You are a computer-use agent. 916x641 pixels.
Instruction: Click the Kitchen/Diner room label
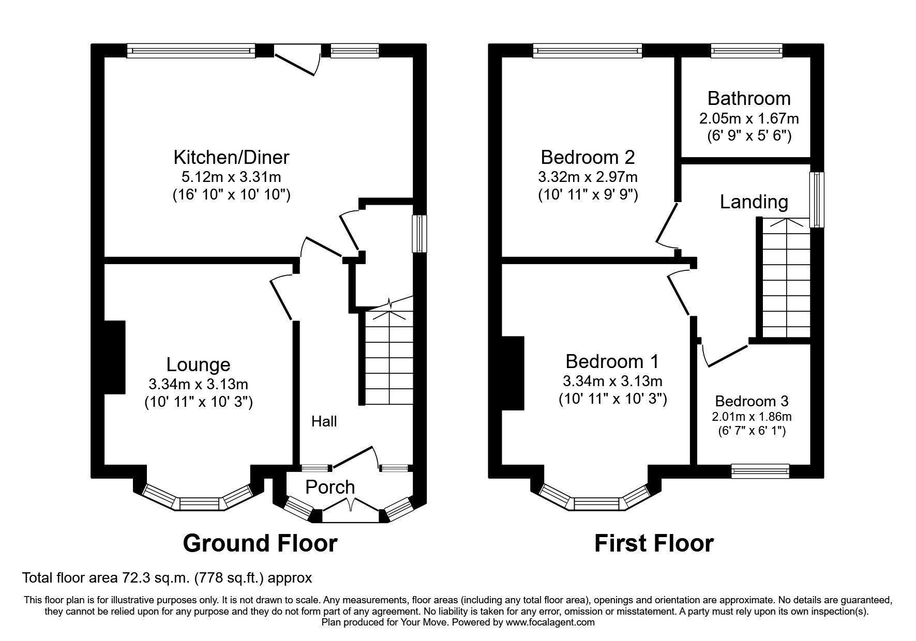click(x=231, y=157)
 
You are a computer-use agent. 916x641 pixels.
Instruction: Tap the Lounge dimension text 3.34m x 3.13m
click(x=198, y=385)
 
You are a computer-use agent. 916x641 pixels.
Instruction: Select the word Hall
click(x=324, y=422)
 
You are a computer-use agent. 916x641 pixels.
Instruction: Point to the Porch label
click(x=330, y=487)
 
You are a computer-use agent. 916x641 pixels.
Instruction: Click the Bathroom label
click(x=749, y=98)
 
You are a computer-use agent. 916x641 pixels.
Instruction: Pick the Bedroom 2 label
click(x=588, y=157)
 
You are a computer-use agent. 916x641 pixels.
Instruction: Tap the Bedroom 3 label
click(x=752, y=401)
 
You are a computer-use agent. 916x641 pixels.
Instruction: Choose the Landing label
click(x=754, y=202)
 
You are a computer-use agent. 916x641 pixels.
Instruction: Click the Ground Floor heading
click(x=260, y=543)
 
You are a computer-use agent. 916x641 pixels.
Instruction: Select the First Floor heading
click(x=654, y=543)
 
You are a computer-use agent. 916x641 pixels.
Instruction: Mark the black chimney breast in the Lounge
click(x=115, y=358)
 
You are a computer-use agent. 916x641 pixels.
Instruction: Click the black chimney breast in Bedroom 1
click(x=513, y=373)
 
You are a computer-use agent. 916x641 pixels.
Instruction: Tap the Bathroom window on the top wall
click(x=746, y=50)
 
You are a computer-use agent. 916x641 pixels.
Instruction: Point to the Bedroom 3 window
click(x=760, y=470)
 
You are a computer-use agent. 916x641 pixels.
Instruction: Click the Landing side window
click(x=817, y=200)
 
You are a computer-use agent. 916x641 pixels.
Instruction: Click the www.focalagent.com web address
click(x=550, y=622)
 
